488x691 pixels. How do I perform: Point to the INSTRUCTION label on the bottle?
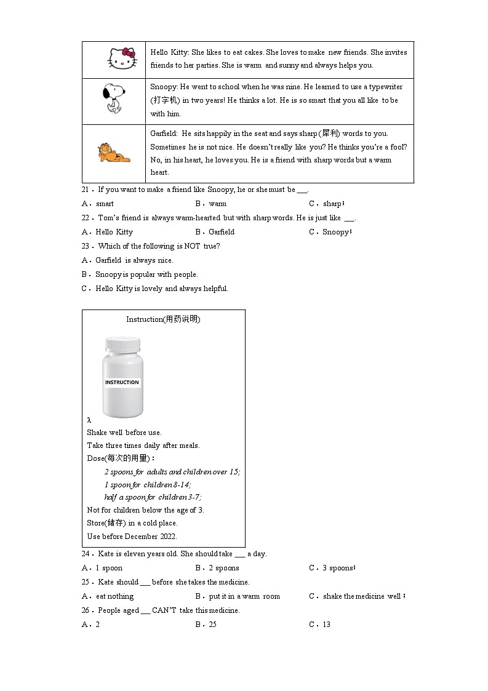pos(122,382)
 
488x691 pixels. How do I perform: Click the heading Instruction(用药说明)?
pos(163,319)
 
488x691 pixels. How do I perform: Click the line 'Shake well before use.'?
pos(124,433)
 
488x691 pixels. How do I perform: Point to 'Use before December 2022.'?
pos(132,536)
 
